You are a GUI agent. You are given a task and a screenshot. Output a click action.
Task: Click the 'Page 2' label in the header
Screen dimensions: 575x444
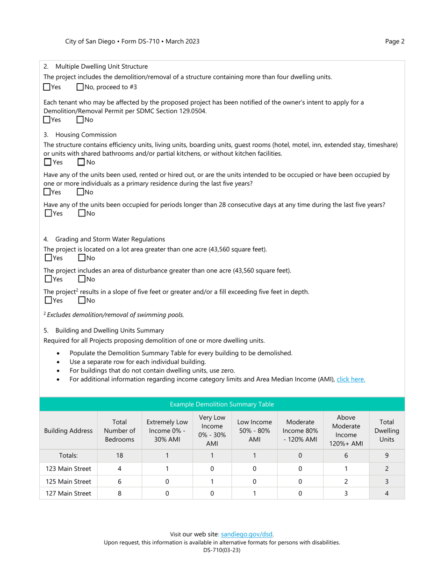click(x=394, y=41)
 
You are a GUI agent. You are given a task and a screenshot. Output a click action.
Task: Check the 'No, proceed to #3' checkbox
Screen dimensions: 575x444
click(x=80, y=87)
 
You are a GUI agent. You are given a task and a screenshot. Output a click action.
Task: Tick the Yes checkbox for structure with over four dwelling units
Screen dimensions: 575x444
click(x=47, y=87)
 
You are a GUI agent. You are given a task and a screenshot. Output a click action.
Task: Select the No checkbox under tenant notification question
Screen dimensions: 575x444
click(x=80, y=120)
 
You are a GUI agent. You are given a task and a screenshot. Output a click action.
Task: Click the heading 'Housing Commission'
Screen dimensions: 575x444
click(x=86, y=135)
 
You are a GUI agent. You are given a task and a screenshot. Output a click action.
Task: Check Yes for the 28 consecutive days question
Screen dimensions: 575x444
click(x=48, y=213)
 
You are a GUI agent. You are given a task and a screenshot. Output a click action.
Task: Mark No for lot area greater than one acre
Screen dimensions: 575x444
click(x=82, y=258)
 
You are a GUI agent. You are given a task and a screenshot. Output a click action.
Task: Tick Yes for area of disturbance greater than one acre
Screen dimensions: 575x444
click(x=48, y=279)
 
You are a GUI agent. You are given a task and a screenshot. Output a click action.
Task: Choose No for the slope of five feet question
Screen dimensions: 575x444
click(x=82, y=300)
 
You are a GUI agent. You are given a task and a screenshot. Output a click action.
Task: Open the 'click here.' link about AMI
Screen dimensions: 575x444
click(x=351, y=379)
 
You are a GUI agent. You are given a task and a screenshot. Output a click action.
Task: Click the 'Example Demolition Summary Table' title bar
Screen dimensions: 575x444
click(x=222, y=404)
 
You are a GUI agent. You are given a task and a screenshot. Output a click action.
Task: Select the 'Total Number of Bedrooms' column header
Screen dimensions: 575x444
click(x=120, y=431)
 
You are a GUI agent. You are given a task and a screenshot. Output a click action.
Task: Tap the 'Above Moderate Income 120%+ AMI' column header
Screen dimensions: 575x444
click(x=346, y=431)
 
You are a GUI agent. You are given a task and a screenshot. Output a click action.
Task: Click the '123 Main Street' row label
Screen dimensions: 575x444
click(x=68, y=468)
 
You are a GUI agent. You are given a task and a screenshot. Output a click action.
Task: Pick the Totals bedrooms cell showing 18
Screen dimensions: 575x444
click(x=120, y=455)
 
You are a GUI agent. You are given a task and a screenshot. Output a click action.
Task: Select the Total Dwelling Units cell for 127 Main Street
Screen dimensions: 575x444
click(x=387, y=493)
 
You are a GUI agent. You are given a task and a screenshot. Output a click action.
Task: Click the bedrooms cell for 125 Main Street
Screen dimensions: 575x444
click(x=120, y=481)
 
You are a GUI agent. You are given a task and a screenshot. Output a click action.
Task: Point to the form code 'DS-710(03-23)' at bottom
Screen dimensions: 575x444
click(x=222, y=550)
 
